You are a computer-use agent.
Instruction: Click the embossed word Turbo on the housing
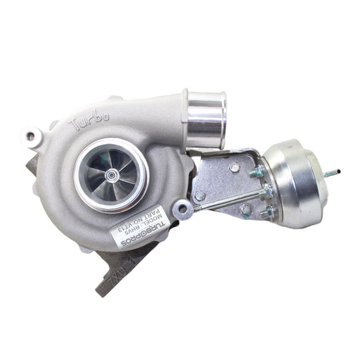click(x=89, y=124)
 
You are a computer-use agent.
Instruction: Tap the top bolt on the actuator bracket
click(x=234, y=167)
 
